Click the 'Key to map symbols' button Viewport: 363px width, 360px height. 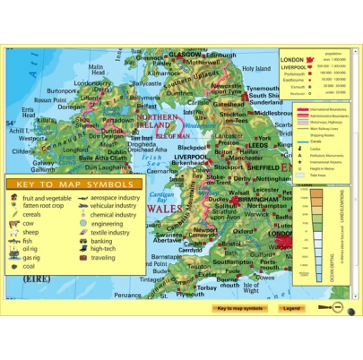[241, 309]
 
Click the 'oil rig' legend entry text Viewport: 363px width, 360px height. [32, 248]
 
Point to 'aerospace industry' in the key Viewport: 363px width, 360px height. [116, 198]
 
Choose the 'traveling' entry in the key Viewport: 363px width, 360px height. [103, 257]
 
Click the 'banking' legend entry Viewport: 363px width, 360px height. [101, 240]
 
